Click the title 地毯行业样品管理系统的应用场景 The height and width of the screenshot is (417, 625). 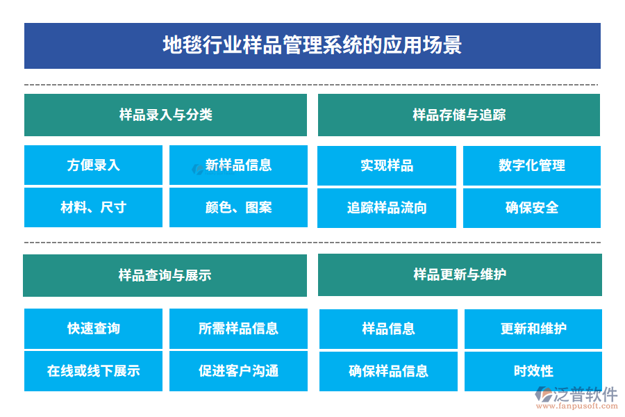pos(312,46)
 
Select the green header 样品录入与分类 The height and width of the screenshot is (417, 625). pos(165,115)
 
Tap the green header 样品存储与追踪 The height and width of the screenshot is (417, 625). pos(459,115)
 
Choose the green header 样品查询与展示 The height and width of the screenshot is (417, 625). pos(165,275)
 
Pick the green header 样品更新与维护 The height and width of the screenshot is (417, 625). pos(460,275)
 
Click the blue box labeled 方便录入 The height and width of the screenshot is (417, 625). pos(93,165)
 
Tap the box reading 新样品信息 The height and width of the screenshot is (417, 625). pos(238,165)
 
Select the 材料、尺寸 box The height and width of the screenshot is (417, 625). pos(93,207)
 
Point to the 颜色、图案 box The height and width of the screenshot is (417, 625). pos(238,207)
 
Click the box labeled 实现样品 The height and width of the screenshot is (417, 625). pos(387,165)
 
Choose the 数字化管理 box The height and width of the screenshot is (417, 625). pos(532,165)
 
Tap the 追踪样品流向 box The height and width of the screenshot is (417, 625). pos(387,208)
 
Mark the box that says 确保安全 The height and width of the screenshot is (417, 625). pos(532,208)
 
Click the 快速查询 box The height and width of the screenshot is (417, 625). pos(93,329)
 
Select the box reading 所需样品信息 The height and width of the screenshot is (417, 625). pos(238,329)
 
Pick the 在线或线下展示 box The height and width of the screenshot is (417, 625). pos(93,371)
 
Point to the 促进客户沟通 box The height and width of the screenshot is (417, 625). pos(238,371)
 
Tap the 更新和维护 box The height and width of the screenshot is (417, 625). pos(533,329)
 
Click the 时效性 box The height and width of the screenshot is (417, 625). pos(533,371)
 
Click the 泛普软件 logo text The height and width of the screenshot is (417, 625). pos(585,394)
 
